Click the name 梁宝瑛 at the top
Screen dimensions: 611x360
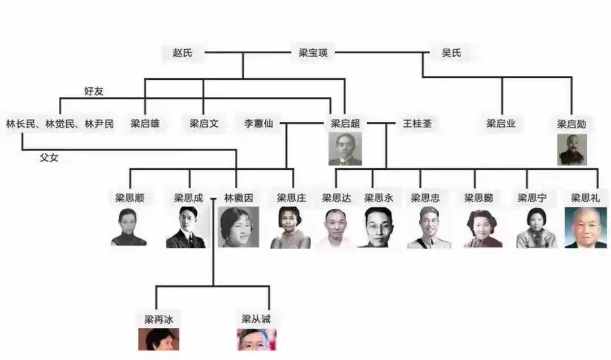click(313, 53)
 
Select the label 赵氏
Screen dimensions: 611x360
click(182, 53)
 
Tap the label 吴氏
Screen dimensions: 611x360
click(451, 53)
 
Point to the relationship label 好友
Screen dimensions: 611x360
click(93, 91)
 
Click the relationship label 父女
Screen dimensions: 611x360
click(49, 158)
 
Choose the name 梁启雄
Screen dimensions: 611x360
click(145, 123)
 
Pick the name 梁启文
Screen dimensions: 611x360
click(204, 123)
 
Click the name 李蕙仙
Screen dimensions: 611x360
click(259, 123)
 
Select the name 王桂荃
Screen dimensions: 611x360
click(417, 123)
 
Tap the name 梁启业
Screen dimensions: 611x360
click(501, 123)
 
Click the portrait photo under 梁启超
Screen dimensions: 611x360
click(345, 149)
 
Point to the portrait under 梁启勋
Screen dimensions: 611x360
click(571, 149)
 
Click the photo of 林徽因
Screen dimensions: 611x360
click(238, 227)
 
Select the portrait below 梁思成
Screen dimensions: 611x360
click(186, 227)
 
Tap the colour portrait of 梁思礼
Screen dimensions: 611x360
click(585, 228)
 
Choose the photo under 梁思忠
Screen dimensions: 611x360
click(425, 228)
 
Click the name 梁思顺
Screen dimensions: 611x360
click(129, 198)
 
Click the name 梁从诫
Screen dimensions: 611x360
click(256, 319)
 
